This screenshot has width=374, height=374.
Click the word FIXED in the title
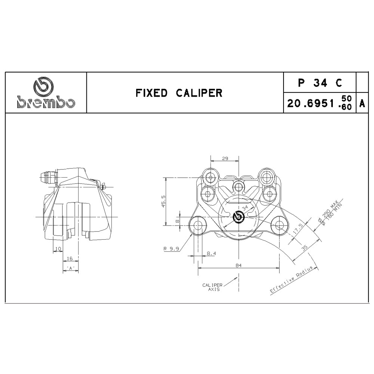(151, 93)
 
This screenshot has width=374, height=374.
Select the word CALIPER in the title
(199, 93)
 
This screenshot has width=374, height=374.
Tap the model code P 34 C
(320, 83)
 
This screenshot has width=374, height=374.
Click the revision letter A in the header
(362, 104)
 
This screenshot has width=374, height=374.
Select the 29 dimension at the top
(225, 158)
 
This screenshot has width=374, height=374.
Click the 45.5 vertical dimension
(163, 201)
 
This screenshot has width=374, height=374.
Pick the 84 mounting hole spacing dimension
(239, 265)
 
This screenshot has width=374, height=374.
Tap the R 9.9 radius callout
(171, 249)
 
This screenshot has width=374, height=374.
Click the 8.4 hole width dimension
(211, 253)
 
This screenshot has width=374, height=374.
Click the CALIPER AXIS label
(212, 287)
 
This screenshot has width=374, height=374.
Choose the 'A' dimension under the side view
(71, 268)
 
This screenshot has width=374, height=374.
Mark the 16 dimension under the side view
(70, 258)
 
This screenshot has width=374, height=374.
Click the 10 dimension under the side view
(58, 249)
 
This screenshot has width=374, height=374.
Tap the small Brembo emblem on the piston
(239, 217)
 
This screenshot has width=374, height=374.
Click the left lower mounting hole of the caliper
(198, 225)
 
